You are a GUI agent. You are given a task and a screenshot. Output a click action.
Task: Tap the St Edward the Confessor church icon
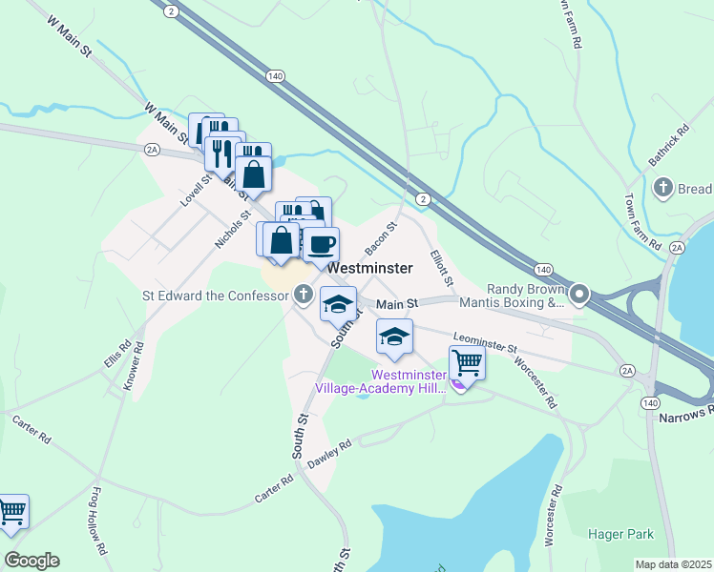[x=303, y=295]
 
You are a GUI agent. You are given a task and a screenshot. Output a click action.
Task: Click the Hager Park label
[x=621, y=535]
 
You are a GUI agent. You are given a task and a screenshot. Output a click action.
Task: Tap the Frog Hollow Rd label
[x=98, y=521]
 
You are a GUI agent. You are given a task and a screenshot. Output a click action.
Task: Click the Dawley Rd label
[x=330, y=453]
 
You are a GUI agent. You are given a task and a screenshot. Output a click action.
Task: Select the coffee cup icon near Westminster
[x=321, y=245]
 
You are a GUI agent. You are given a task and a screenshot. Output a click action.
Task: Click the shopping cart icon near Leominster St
[x=466, y=361]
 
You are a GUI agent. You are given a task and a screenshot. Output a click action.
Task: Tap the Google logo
[x=31, y=561]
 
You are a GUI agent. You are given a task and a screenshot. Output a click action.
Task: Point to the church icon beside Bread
[x=663, y=189]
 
